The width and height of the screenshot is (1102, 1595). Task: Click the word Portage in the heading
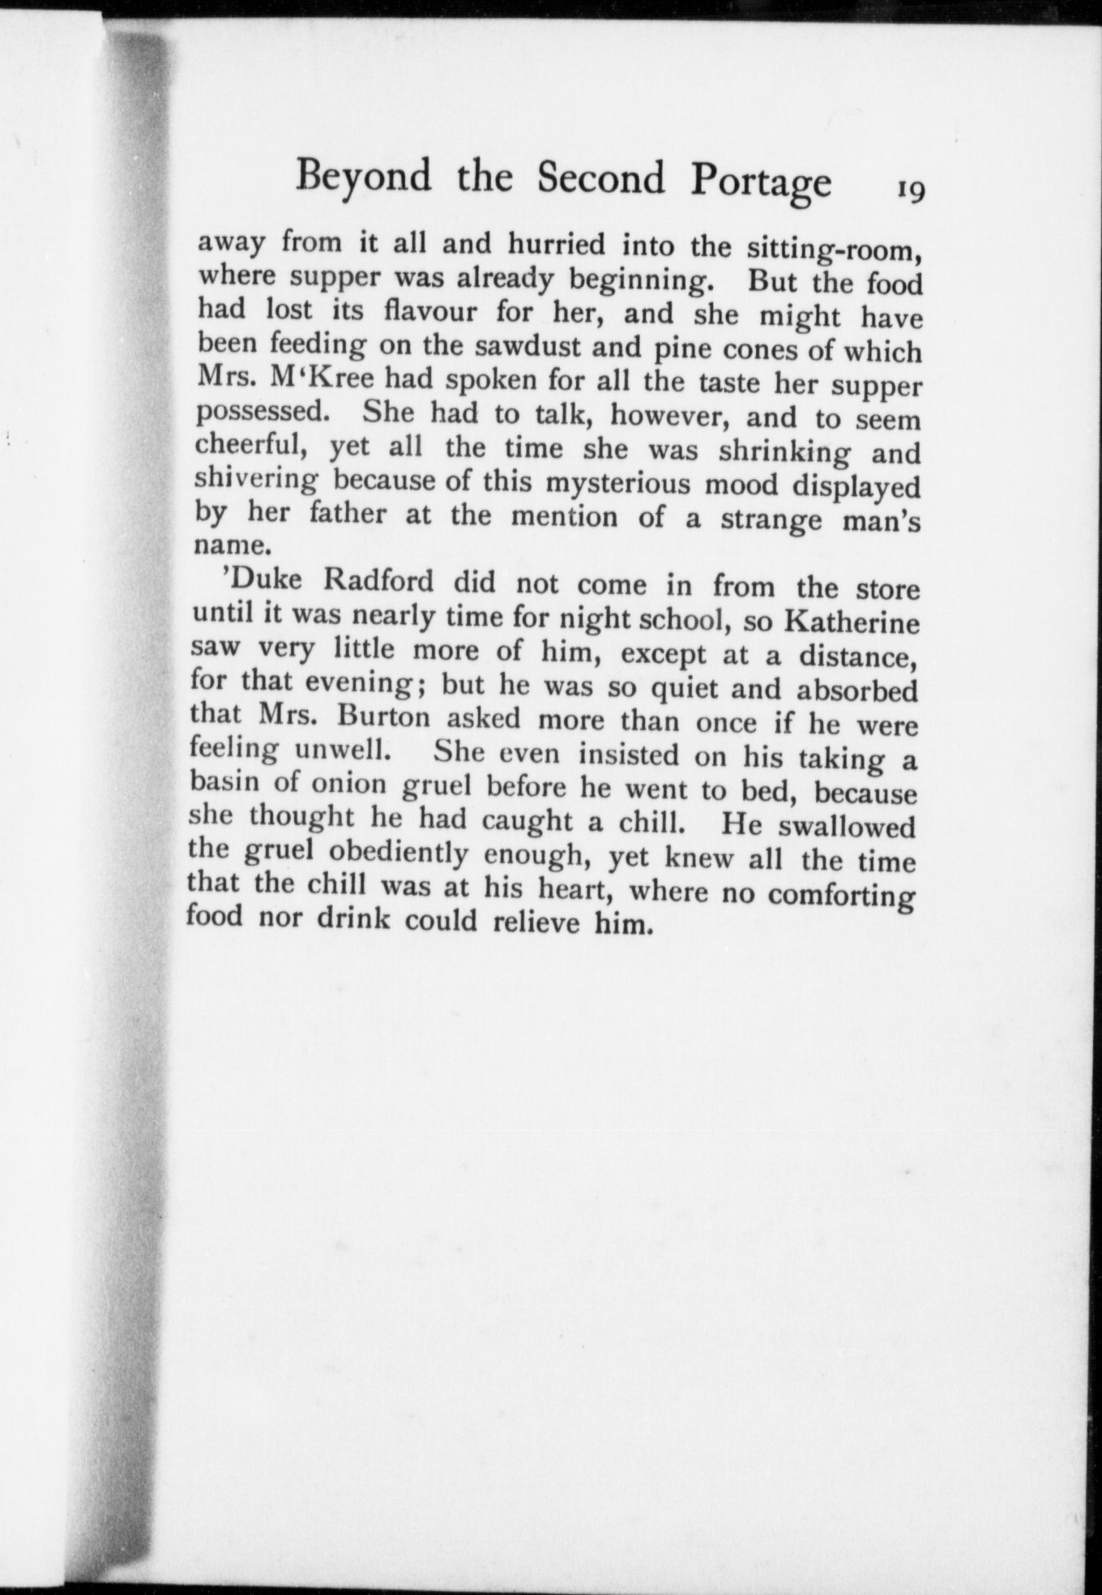[x=761, y=182]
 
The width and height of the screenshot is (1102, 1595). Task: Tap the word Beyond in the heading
[x=363, y=176]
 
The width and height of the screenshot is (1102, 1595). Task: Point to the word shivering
[x=256, y=481]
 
